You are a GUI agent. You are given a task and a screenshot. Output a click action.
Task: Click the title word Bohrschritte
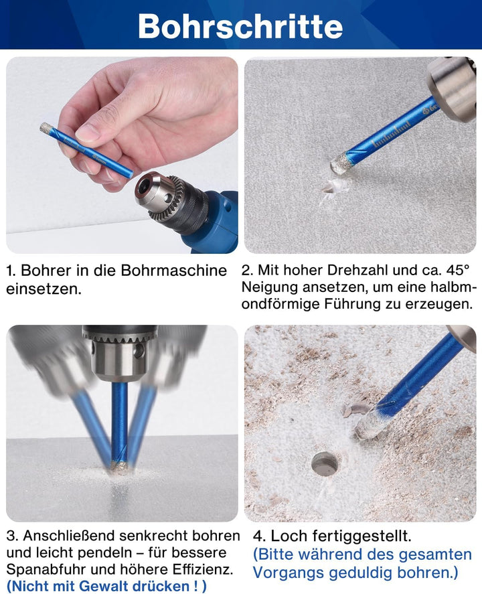tap(240, 25)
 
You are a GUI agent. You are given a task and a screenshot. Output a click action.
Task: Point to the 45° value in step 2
tap(457, 271)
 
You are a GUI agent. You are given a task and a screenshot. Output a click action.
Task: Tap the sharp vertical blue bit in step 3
tap(119, 422)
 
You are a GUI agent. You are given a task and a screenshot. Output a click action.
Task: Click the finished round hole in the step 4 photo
tap(325, 463)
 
